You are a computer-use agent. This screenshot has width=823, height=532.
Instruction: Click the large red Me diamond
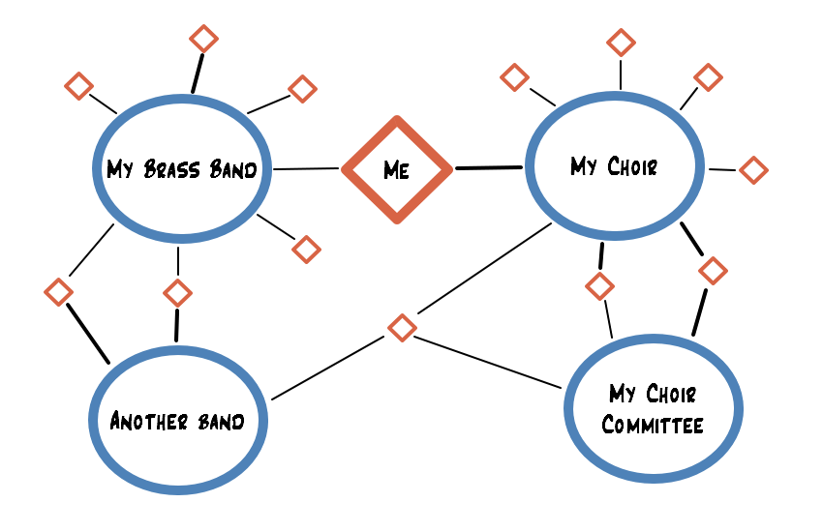397,169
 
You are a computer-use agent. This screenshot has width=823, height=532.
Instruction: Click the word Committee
653,425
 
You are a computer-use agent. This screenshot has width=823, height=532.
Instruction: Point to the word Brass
172,170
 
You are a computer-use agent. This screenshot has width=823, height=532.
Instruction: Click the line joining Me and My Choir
488,168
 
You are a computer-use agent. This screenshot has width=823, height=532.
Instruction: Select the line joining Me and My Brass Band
307,169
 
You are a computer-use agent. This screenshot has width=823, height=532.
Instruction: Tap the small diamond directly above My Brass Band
203,39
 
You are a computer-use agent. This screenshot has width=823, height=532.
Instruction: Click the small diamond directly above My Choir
621,43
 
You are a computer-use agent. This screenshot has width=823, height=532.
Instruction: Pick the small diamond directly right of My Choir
753,170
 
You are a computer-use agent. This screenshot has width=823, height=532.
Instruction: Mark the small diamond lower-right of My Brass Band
306,249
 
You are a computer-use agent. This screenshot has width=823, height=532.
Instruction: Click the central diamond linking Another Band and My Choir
402,327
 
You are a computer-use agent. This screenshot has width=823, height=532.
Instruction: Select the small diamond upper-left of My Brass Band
78,85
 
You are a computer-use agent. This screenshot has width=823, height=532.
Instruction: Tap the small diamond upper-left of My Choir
514,76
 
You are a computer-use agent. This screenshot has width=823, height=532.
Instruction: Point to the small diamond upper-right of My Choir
709,76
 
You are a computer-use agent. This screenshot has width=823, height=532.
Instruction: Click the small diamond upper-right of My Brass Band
303,89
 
